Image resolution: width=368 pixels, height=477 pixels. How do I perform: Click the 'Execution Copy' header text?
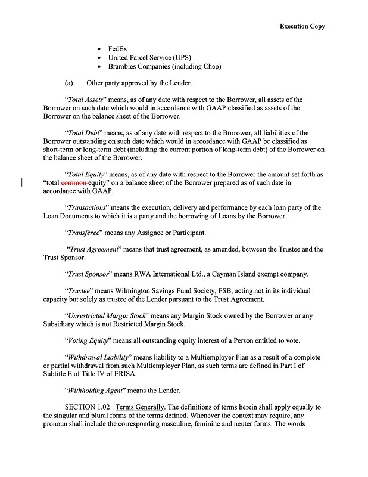(302, 26)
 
